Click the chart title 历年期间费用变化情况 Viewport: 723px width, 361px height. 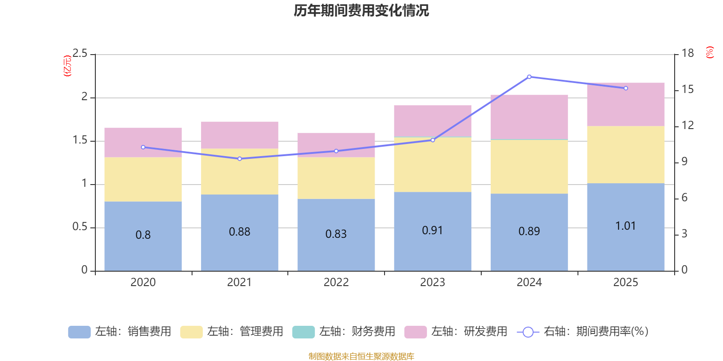361,10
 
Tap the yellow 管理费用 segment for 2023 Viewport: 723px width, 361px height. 432,165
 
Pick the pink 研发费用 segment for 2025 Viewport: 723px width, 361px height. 625,104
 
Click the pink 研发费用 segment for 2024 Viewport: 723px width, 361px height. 529,116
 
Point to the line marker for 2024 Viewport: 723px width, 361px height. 529,77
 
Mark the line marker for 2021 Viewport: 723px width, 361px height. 239,159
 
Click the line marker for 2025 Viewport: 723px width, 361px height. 626,88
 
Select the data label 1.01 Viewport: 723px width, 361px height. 625,226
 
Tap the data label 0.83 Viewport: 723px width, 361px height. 336,234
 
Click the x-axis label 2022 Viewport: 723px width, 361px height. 336,282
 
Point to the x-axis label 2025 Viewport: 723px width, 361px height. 625,282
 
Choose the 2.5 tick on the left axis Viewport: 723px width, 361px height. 80,54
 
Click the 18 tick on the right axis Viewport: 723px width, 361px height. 687,53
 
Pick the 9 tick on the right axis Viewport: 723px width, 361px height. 684,162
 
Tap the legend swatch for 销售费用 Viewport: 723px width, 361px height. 79,332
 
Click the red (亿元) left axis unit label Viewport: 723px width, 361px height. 67,66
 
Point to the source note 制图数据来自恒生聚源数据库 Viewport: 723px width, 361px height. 361,356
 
